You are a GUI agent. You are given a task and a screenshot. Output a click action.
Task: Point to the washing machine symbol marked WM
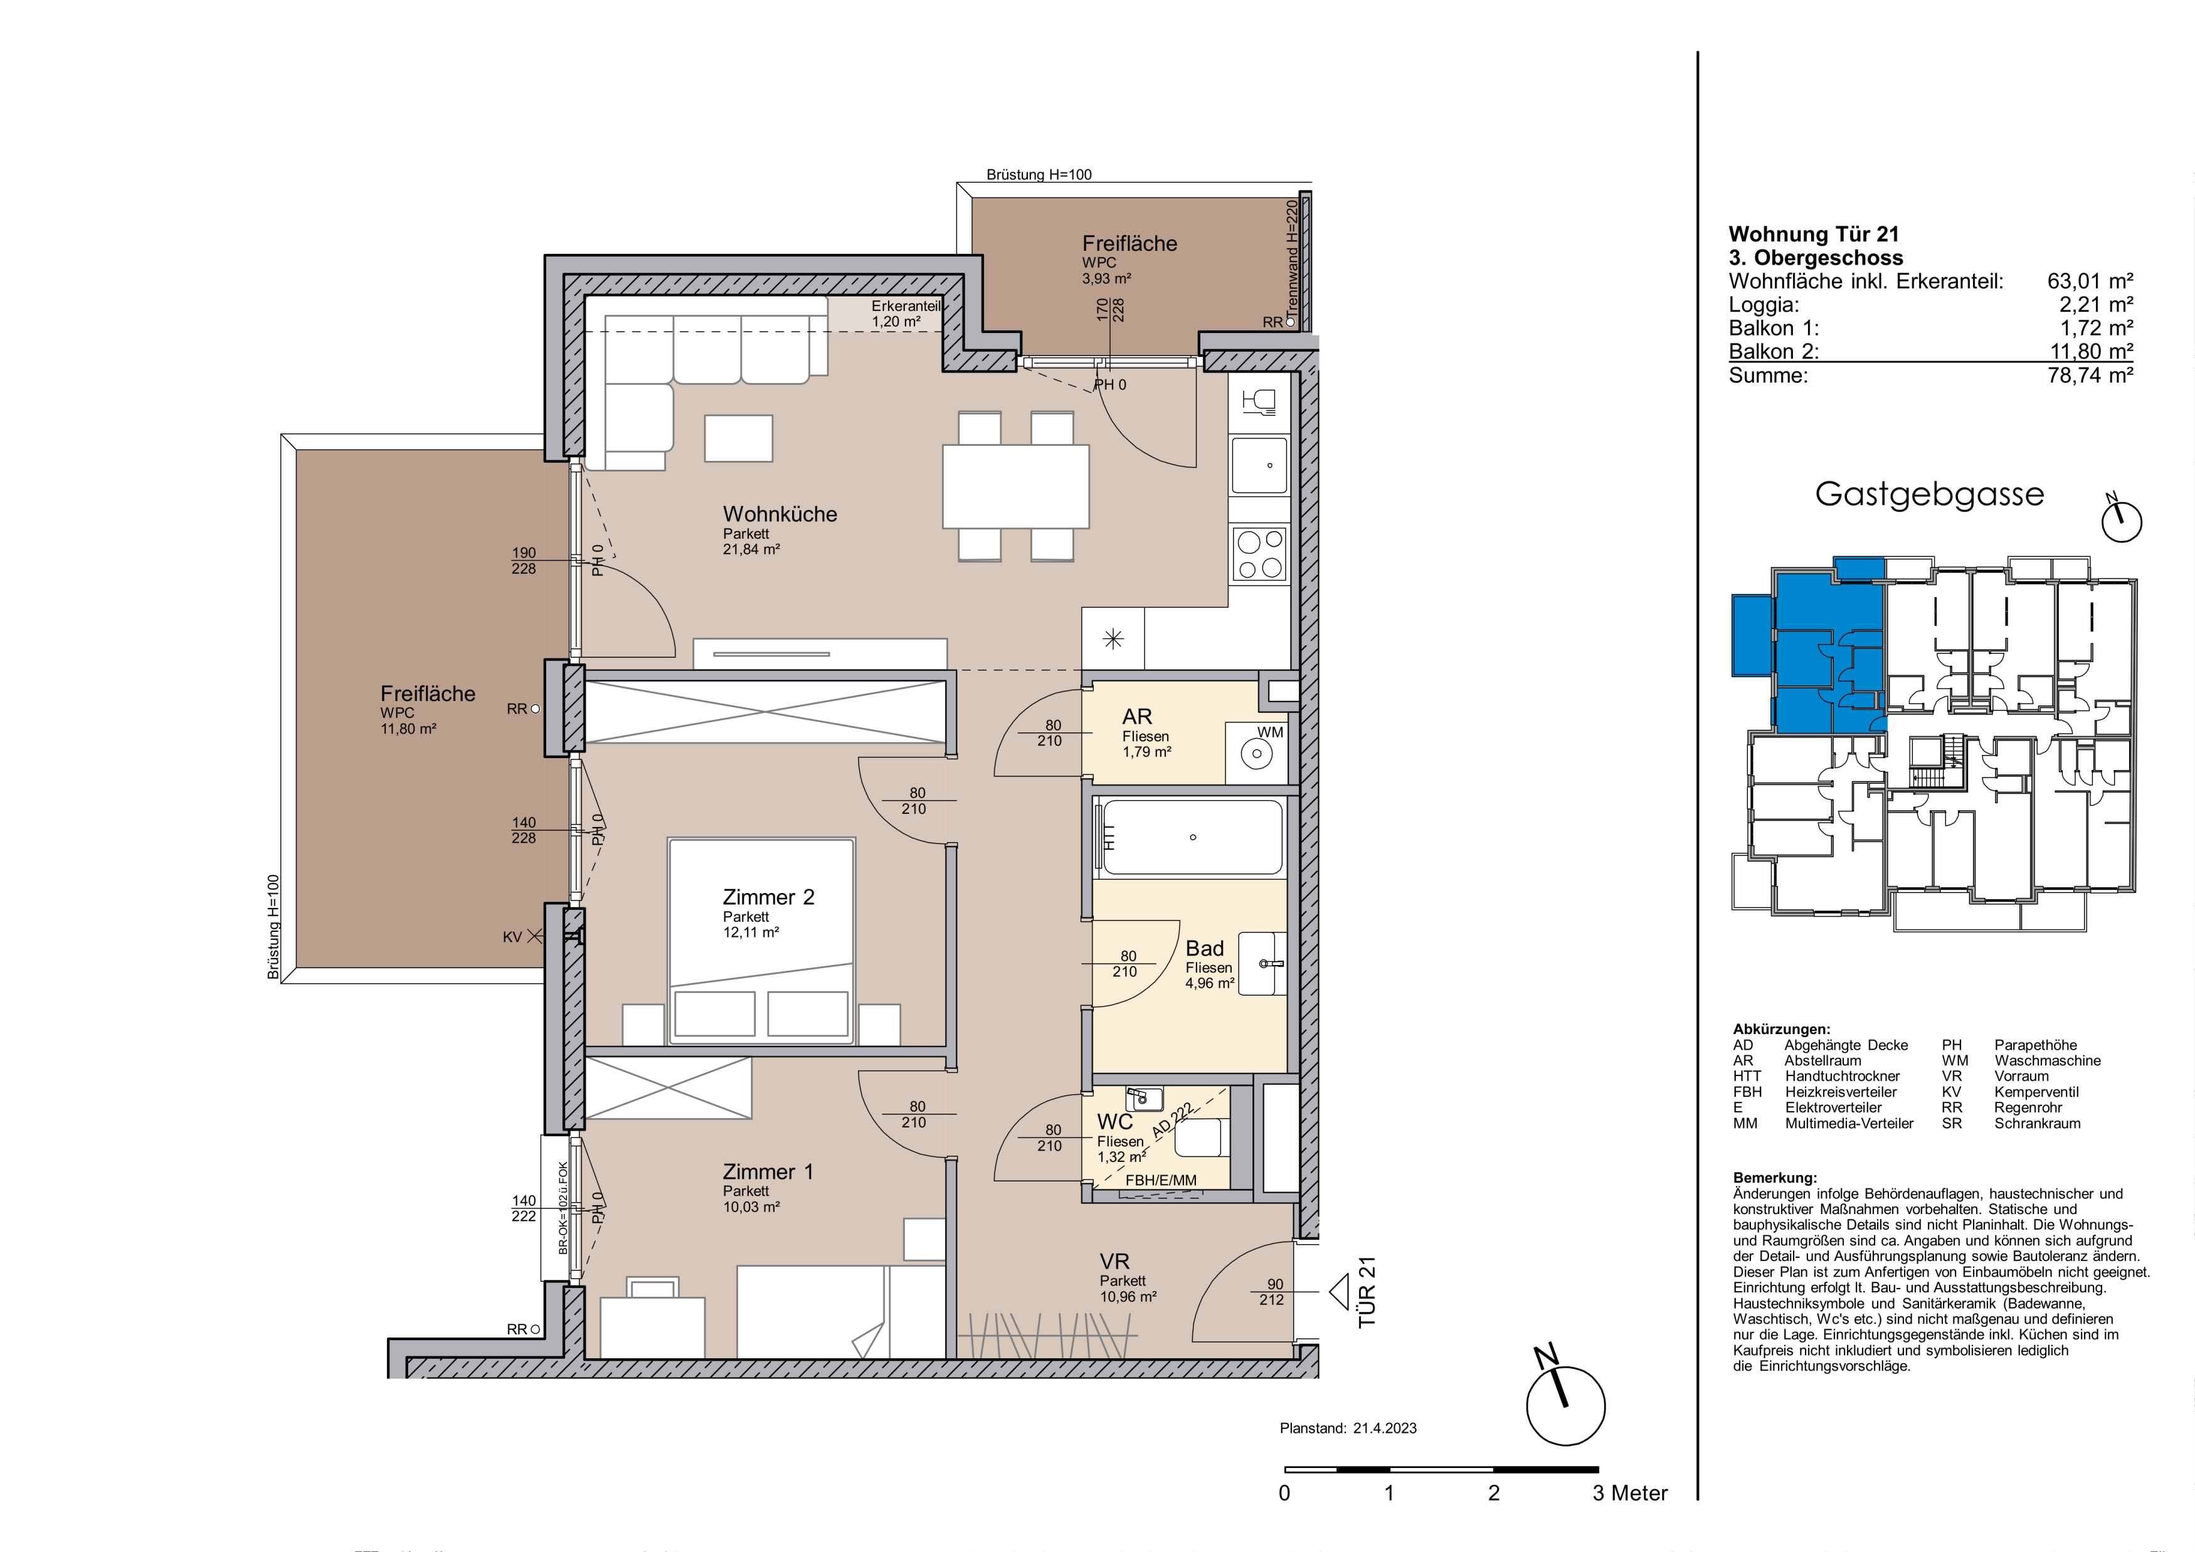click(x=1256, y=754)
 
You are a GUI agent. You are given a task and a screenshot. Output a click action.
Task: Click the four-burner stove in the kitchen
click(x=1259, y=555)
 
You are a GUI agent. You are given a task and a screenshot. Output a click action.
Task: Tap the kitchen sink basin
click(x=1260, y=465)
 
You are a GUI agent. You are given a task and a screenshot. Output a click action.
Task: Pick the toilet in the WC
click(x=1199, y=1138)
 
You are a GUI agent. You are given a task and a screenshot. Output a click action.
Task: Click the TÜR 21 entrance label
click(x=1367, y=1291)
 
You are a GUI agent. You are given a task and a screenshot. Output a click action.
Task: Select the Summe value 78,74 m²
click(x=2091, y=376)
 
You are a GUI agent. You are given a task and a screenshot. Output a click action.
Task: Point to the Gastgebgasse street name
click(x=1929, y=494)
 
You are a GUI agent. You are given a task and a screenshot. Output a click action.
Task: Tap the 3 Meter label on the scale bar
click(x=1629, y=1493)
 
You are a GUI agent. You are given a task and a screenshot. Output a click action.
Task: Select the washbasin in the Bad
click(x=1262, y=964)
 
